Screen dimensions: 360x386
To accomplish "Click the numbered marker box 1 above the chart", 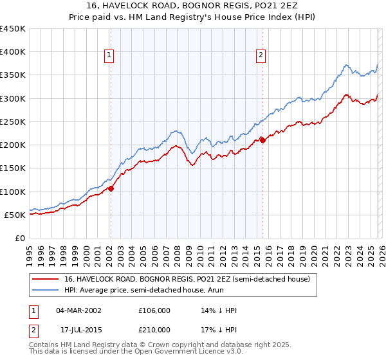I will pos(109,56).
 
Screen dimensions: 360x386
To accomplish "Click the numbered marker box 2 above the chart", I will pos(261,56).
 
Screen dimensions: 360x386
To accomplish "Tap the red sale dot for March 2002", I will pos(111,188).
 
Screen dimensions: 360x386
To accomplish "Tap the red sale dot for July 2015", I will pos(262,140).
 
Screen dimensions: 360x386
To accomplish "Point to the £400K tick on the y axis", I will pos(13,52).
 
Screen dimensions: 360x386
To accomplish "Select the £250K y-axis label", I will pos(13,122).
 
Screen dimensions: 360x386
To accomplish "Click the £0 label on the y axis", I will pos(19,238).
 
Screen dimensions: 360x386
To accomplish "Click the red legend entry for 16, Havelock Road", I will pos(187,279).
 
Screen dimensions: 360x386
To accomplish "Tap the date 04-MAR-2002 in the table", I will pos(78,310).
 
